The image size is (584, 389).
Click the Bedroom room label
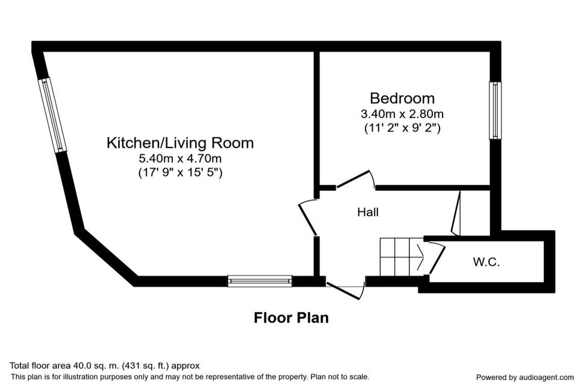402,98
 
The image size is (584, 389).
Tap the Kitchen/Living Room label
180,143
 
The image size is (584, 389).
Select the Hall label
368,213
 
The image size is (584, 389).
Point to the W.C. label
486,262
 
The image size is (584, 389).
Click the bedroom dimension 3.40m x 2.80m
402,114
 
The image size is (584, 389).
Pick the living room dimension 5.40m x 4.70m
180,159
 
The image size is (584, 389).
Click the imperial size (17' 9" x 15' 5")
180,173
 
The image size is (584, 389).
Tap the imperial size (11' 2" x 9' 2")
402,128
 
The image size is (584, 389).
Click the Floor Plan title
291,318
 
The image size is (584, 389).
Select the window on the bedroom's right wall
495,110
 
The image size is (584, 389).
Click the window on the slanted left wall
52,115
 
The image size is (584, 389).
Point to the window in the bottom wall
260,281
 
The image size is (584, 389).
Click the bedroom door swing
356,179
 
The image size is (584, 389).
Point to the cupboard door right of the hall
456,214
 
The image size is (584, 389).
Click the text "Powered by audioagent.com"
525,378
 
